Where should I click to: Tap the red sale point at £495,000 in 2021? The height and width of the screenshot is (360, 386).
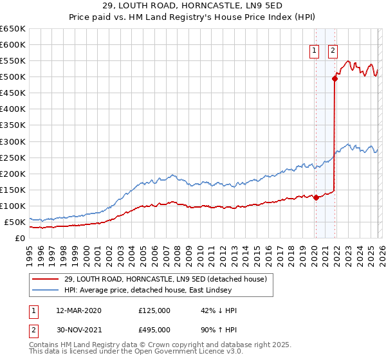point(335,78)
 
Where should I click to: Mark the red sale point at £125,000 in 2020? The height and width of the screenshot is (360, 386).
point(316,198)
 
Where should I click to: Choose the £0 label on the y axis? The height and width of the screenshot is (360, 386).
point(19,238)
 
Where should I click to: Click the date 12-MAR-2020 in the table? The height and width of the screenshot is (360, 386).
point(78,310)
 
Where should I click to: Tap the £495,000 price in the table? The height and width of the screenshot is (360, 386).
point(154,329)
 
